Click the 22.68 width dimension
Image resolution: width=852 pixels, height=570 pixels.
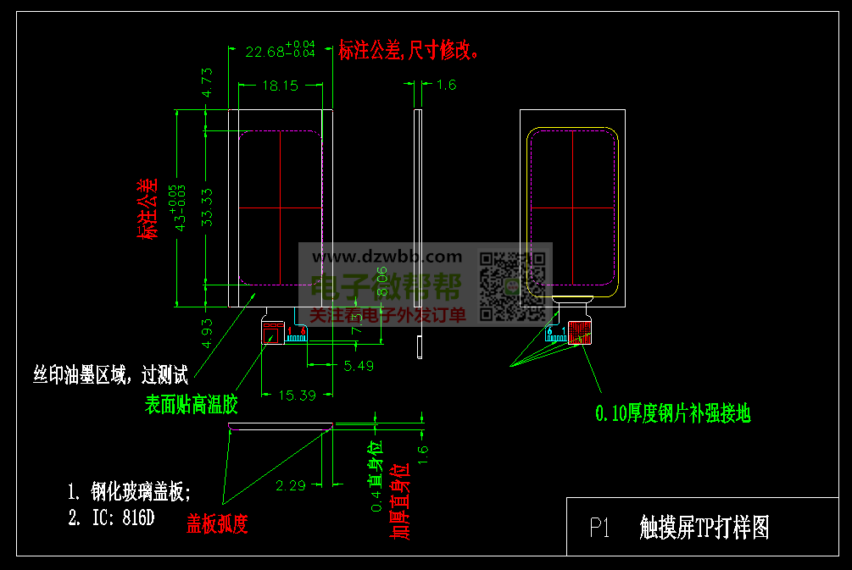coord(265,52)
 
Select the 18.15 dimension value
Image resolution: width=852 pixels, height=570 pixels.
coord(280,85)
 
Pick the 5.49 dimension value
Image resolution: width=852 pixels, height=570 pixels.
coord(359,366)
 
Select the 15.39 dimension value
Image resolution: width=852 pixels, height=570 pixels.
coord(297,395)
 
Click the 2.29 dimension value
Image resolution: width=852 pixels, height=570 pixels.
coord(291,485)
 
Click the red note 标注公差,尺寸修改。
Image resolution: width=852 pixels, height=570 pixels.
coord(410,51)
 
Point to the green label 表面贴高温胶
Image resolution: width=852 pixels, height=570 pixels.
coord(189,406)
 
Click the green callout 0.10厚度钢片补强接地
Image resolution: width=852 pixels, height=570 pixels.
coord(672,413)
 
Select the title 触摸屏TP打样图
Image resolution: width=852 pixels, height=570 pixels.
coord(704,528)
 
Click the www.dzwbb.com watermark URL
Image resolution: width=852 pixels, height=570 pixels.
coord(387,256)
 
